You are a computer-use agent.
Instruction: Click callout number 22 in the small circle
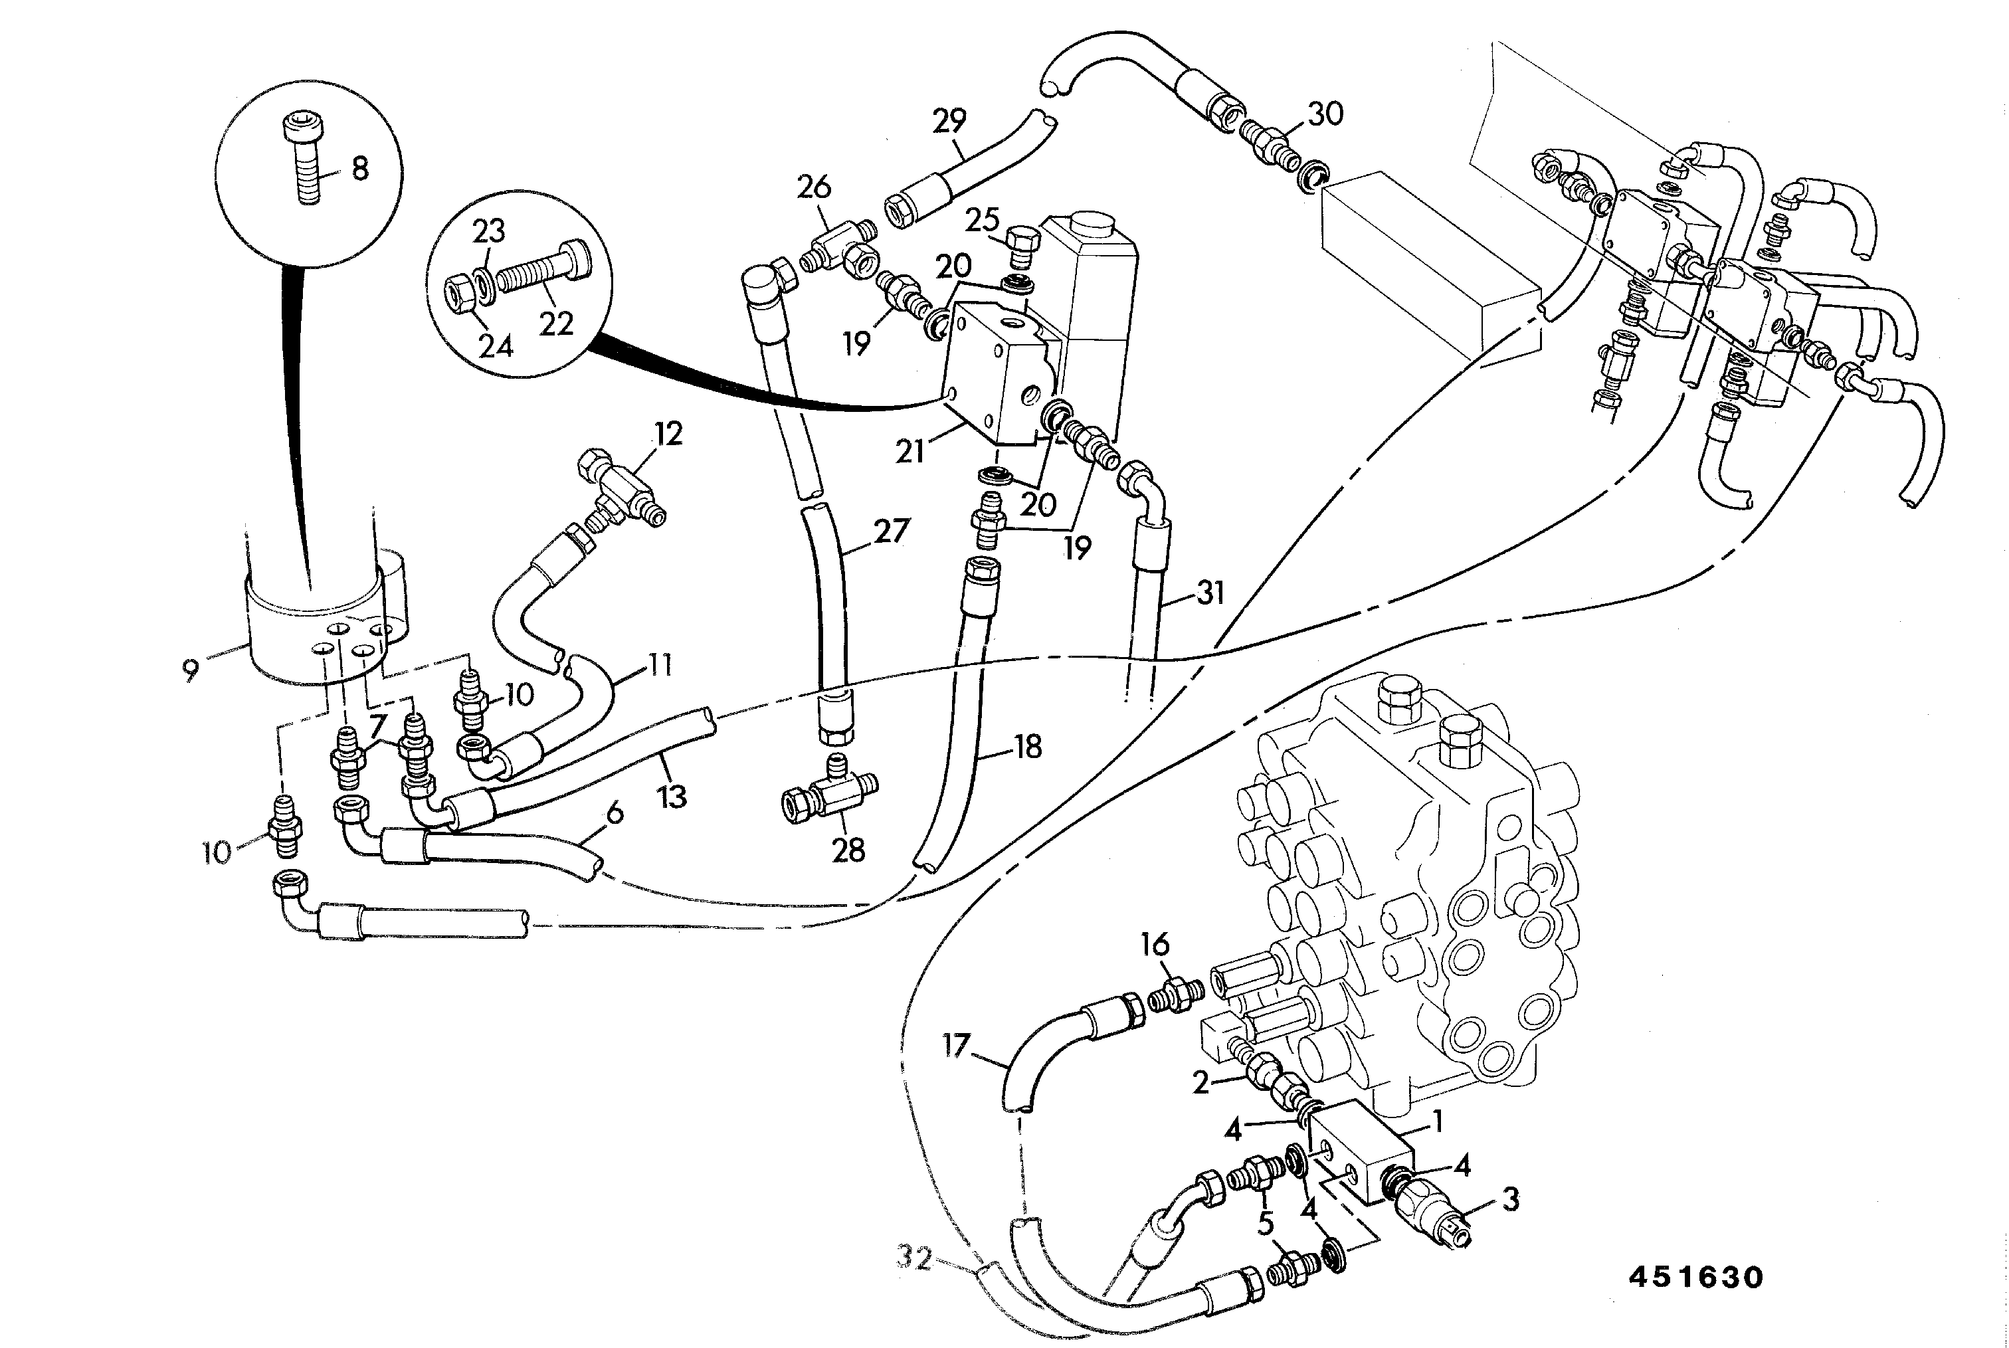[556, 325]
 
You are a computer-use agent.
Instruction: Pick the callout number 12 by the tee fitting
[668, 434]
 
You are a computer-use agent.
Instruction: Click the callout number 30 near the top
[1325, 114]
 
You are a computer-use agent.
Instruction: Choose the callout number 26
[814, 187]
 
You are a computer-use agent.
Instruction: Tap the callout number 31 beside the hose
[1210, 593]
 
